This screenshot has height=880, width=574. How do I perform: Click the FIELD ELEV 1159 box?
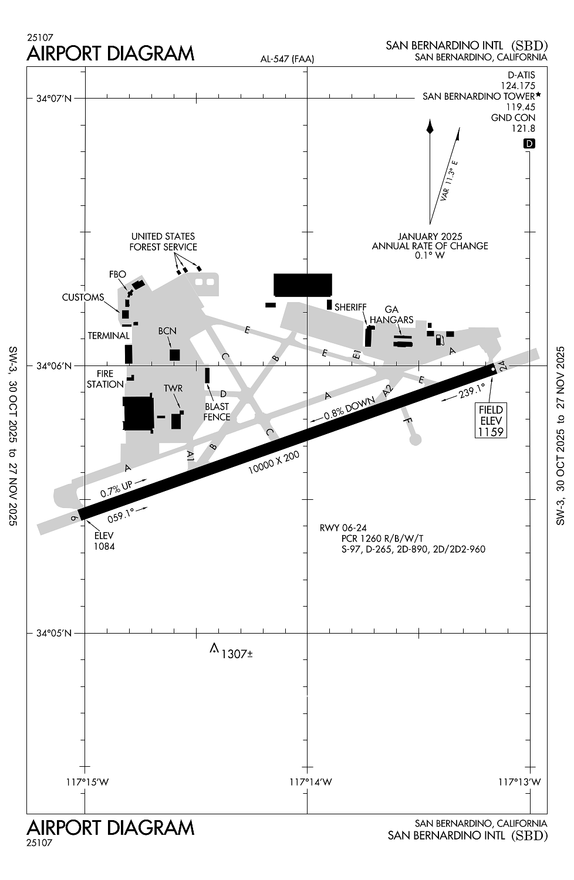click(x=491, y=420)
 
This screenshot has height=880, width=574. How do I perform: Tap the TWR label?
click(x=173, y=388)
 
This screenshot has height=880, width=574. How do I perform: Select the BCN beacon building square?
click(x=174, y=355)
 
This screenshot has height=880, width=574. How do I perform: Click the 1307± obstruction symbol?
click(x=214, y=648)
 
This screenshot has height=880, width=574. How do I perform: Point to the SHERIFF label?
click(x=350, y=307)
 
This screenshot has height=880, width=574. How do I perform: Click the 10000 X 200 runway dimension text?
click(x=274, y=463)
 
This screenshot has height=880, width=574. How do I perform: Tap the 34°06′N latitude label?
click(x=54, y=366)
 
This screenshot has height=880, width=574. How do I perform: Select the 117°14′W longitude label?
click(x=311, y=782)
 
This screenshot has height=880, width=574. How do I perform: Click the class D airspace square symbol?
click(x=529, y=144)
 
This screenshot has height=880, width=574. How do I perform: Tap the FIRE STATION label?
click(x=105, y=379)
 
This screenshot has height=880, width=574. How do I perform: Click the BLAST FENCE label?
click(x=217, y=411)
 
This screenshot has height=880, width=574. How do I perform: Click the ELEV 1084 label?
click(x=104, y=541)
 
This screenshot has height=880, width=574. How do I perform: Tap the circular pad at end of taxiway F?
click(x=415, y=439)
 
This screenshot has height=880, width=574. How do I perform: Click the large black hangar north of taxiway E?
click(x=303, y=285)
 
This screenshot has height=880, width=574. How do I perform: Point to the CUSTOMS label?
click(x=83, y=297)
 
